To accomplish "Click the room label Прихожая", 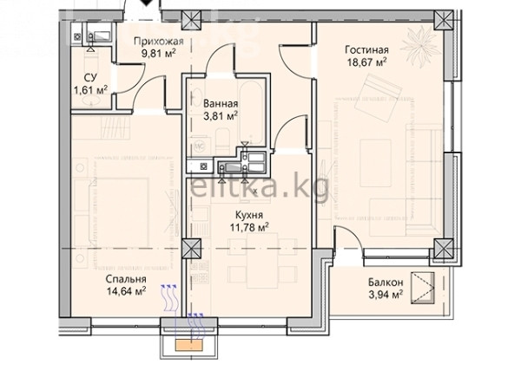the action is click(159, 42).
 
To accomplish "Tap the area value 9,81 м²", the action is click(159, 54).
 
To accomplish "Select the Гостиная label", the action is click(366, 50).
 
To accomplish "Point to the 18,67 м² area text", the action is click(366, 62).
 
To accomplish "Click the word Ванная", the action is click(221, 104).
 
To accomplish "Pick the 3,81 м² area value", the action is click(221, 116).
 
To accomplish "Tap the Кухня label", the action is click(249, 215).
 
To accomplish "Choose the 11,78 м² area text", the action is click(249, 227).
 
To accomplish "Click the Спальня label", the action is click(126, 279).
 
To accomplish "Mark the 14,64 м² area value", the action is click(126, 291).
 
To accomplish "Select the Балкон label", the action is click(386, 283).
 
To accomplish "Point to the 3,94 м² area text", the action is click(386, 295).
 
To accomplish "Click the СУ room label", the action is click(90, 78).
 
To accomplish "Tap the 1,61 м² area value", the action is click(90, 89).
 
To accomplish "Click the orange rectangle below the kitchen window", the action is click(189, 345).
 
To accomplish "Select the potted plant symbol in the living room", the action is click(418, 46).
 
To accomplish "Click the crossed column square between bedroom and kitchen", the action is click(192, 248).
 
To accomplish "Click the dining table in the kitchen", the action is click(262, 260).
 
